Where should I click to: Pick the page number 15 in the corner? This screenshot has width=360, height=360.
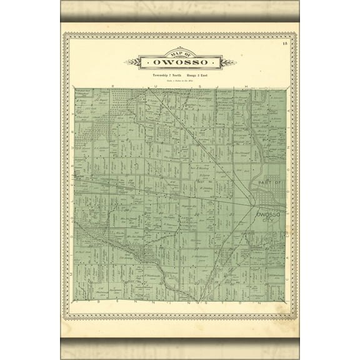pos(284,43)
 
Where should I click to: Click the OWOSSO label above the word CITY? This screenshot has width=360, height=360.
pos(268,214)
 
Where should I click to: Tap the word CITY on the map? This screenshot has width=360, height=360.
pos(268,221)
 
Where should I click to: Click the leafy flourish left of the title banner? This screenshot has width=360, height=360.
pos(130,62)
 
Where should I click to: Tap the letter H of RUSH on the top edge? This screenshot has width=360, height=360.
pos(246,85)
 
